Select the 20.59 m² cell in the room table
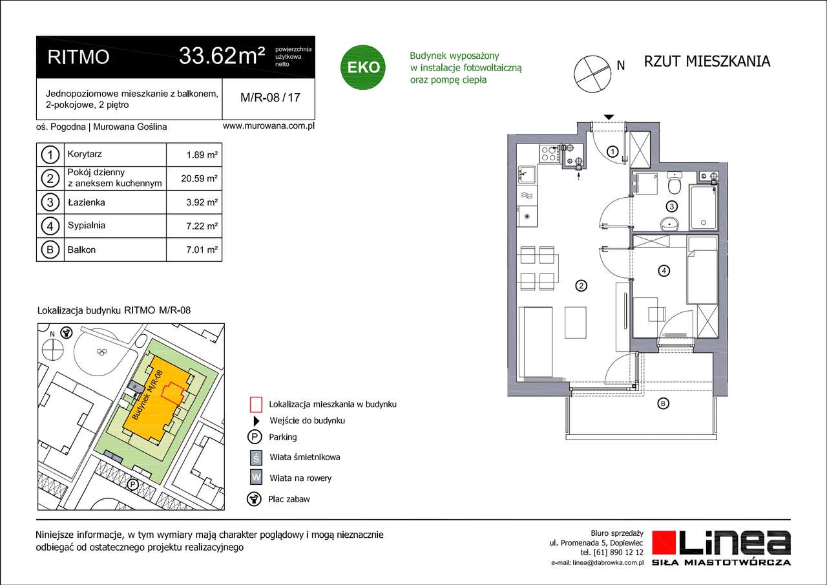tap(201, 178)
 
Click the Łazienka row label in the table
tap(86, 202)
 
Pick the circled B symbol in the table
tap(50, 250)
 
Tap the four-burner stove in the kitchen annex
tap(549, 153)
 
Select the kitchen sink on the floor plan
tap(527, 173)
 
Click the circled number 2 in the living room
tap(581, 285)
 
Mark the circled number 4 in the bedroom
tap(664, 271)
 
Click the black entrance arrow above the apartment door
tap(608, 117)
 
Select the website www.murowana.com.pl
tap(268, 127)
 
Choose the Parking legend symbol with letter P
tap(256, 437)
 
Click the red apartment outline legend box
tap(256, 404)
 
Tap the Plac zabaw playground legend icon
tap(256, 498)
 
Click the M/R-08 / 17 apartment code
tap(269, 98)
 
